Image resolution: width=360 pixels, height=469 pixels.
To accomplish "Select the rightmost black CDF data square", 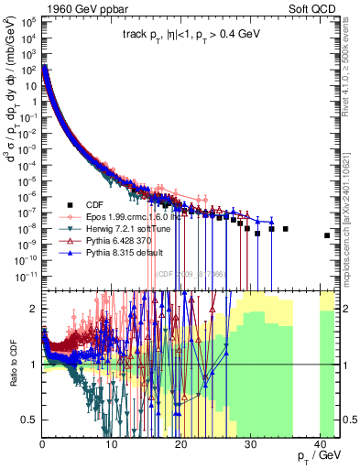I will pos(327,235).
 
